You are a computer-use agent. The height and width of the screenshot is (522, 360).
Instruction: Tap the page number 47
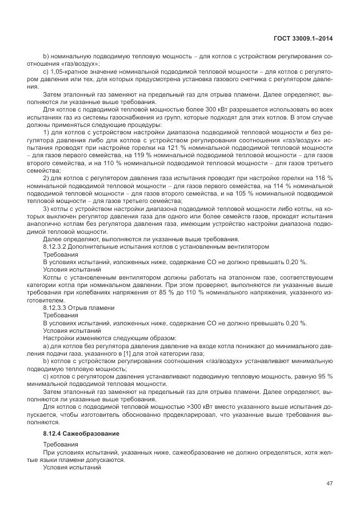329,484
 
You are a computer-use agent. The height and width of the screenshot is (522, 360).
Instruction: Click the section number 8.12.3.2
55,246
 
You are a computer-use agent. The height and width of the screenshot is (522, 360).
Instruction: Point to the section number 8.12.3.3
55,308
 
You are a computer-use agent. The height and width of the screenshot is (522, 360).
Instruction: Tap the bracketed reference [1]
115,353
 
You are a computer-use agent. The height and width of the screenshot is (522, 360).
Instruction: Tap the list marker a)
46,346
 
